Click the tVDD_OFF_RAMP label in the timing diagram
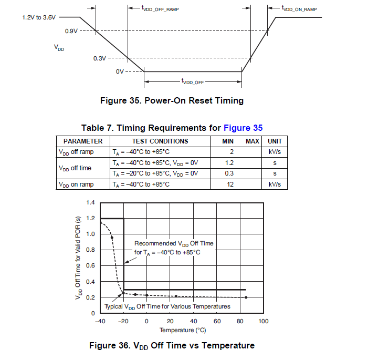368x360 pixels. (160, 9)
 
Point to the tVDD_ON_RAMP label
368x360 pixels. (299, 9)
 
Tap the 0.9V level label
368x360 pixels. (71, 31)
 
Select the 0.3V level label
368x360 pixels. (100, 58)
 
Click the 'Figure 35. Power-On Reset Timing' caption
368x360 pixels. (172, 100)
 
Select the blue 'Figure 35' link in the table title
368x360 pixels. (243, 128)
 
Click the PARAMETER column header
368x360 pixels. (83, 141)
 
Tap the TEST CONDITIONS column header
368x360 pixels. (160, 141)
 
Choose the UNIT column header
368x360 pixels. (275, 141)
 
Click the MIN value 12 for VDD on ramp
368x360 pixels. (229, 184)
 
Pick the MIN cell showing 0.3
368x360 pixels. (229, 173)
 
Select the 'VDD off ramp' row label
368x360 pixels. (76, 152)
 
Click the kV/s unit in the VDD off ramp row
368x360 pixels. (275, 152)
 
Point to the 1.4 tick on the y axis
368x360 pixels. (90, 202)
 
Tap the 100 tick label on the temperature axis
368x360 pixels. (263, 321)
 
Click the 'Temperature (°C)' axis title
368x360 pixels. (183, 330)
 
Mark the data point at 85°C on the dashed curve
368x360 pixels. (246, 297)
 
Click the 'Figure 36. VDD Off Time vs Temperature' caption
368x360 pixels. (172, 345)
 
